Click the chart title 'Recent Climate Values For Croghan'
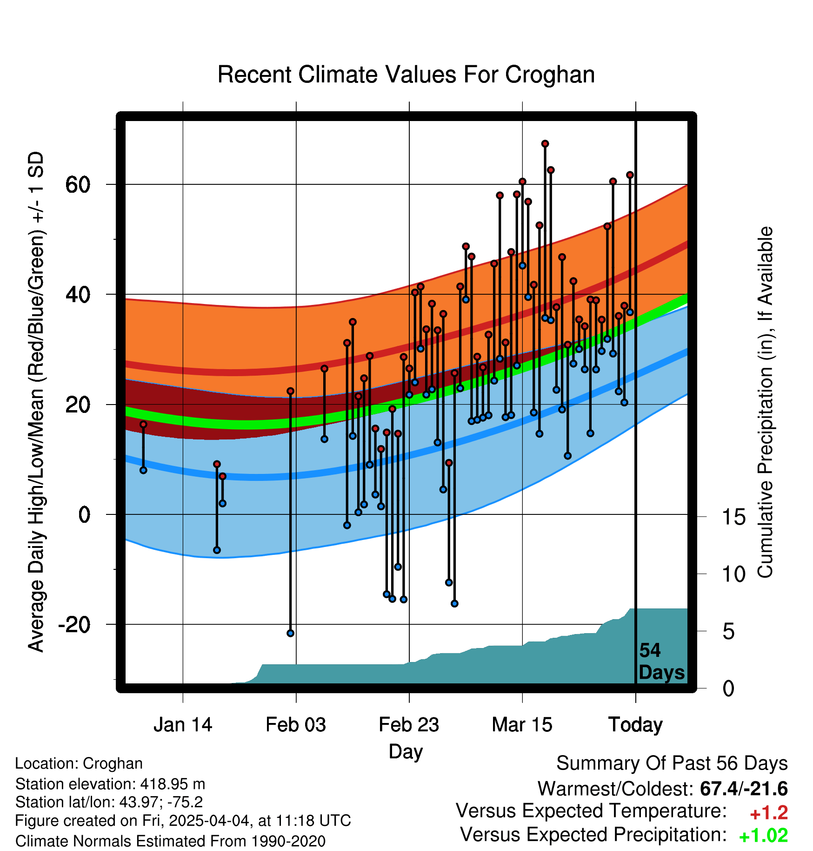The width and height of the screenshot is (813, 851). pos(406,74)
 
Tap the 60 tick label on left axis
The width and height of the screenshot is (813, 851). pos(78,185)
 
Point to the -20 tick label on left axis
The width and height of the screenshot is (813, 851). pos(74,624)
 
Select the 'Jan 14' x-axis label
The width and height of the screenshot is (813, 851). pos(183,725)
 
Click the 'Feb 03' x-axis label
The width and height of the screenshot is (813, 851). pos(296,725)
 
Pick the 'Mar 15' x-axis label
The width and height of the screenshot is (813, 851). pos(522,725)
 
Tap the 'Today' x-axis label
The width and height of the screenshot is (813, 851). pos(636,725)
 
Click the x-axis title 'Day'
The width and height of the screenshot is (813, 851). pos(406,752)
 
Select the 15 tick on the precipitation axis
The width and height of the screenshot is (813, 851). pos(734,517)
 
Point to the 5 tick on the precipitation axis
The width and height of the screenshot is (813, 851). pos(729,632)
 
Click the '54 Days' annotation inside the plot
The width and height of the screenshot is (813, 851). pos(661,662)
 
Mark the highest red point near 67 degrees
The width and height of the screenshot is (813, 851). pos(545,144)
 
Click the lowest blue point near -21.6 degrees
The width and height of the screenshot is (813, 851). pos(291,633)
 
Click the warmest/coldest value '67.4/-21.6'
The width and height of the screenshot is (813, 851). pos(744,789)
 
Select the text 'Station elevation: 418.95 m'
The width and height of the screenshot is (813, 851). pos(110,784)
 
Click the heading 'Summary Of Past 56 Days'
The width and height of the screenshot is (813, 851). pos(672,763)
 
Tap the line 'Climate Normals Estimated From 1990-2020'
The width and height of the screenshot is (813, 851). pos(170,841)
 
